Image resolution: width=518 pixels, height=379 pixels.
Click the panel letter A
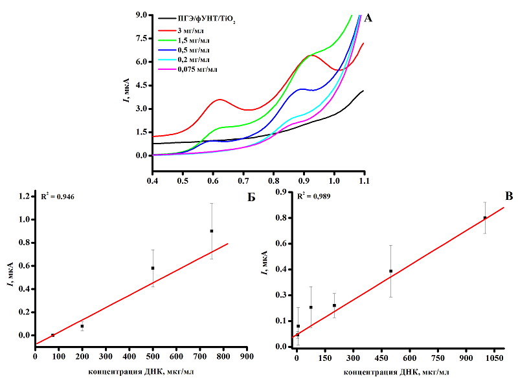[368, 18]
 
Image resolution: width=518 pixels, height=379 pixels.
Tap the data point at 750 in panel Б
[211, 231]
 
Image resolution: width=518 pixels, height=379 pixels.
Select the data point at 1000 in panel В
[485, 218]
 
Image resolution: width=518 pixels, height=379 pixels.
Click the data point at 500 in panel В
[390, 271]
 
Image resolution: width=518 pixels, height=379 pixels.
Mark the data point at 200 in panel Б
[82, 326]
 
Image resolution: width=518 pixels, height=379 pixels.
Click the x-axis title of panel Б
[141, 371]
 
